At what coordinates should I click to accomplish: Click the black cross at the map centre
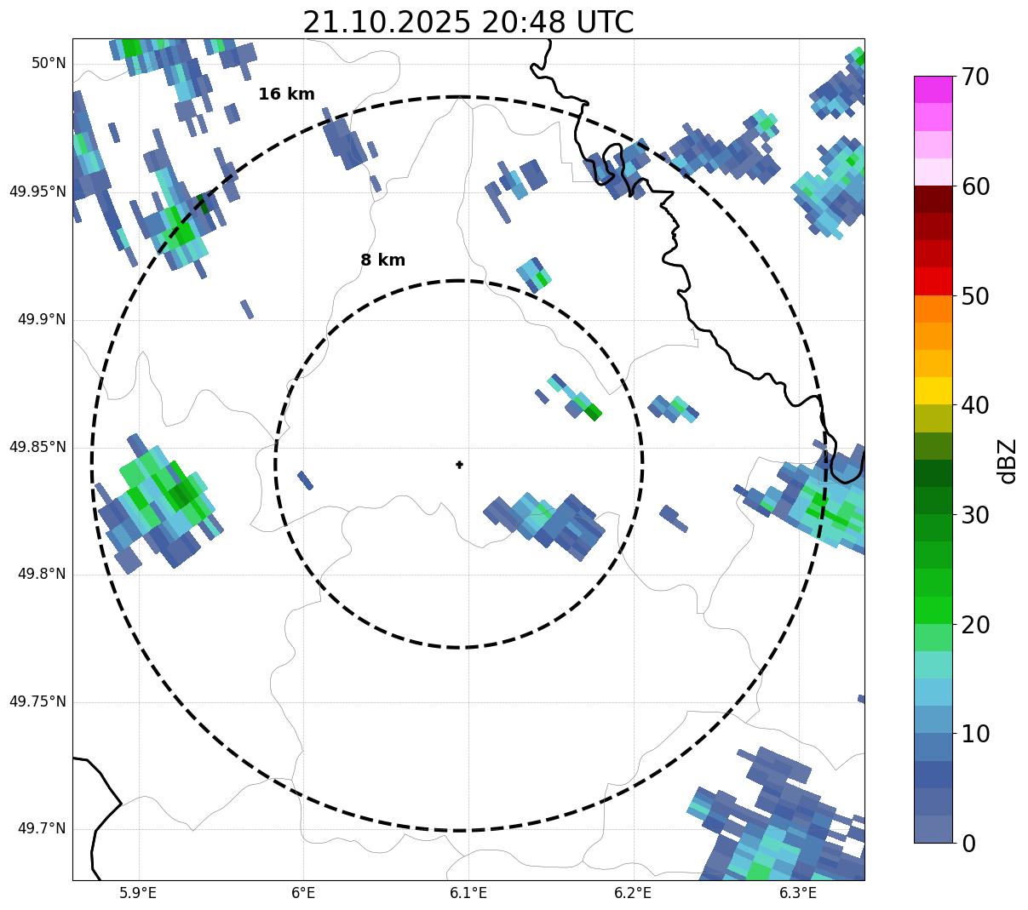point(459,464)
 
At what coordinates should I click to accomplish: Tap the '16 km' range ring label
point(286,94)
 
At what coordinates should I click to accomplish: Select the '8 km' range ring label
point(382,260)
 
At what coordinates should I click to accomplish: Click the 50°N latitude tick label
point(49,63)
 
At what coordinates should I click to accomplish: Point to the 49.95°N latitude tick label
point(37,192)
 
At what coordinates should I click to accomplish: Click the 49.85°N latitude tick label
point(37,447)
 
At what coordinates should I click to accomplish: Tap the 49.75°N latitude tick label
point(37,701)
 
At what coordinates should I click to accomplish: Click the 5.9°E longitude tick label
point(138,893)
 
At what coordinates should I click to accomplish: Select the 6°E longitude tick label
point(303,893)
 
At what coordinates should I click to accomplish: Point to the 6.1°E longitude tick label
point(468,893)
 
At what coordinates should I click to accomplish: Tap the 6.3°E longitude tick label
point(798,893)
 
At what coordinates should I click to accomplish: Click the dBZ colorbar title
point(1008,461)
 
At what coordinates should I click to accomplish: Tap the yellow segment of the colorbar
point(933,391)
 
